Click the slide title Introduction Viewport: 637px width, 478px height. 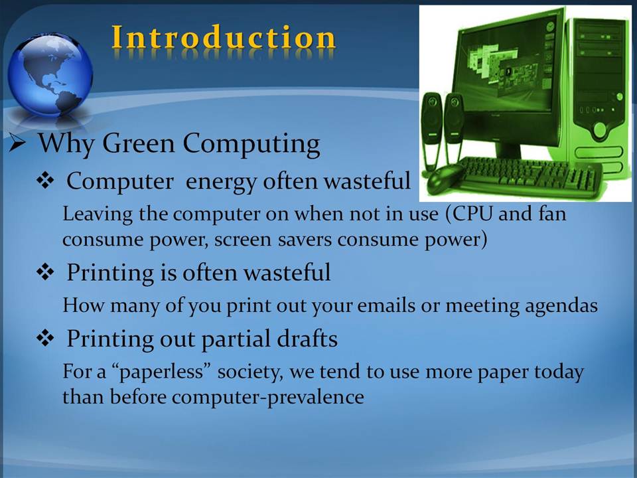224,38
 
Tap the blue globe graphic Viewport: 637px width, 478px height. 50,75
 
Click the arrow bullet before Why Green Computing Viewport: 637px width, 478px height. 18,143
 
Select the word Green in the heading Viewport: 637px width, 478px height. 139,143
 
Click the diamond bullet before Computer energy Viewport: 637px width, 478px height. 45,181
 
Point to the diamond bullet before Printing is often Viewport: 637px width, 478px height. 45,272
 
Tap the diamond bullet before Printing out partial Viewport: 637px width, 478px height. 45,337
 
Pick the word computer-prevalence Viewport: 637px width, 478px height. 267,397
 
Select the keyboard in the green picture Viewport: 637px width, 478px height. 529,175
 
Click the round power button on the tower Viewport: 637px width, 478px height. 600,129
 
